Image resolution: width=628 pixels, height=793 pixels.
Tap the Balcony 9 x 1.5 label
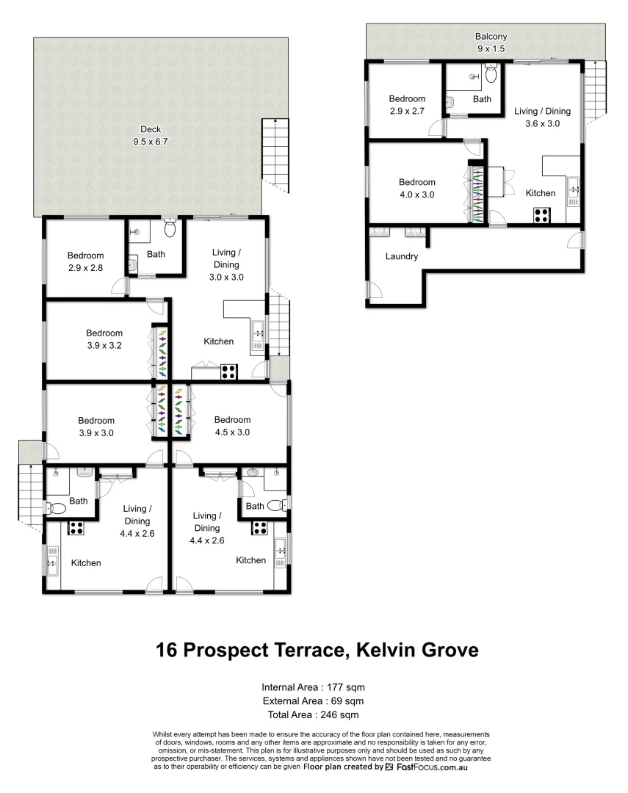[x=491, y=42]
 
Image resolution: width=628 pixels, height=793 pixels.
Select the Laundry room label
[x=401, y=257]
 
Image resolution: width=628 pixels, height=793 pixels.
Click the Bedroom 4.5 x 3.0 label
[x=231, y=426]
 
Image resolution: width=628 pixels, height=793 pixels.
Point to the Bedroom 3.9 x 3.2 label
[x=104, y=338]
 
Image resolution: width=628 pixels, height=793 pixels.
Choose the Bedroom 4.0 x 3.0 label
[x=416, y=188]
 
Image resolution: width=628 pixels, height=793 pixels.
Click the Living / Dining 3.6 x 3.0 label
[x=542, y=117]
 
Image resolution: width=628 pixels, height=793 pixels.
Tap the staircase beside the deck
[x=276, y=150]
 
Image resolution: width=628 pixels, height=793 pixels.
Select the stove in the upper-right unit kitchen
[x=542, y=216]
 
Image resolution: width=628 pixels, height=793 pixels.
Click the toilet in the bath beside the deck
[x=170, y=228]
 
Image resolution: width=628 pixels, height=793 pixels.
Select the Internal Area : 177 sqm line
[x=313, y=687]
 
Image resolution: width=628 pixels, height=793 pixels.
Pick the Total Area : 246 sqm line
[x=313, y=714]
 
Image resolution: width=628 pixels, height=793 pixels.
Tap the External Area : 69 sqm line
[x=313, y=700]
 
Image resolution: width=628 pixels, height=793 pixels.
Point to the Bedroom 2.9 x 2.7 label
[x=407, y=104]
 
